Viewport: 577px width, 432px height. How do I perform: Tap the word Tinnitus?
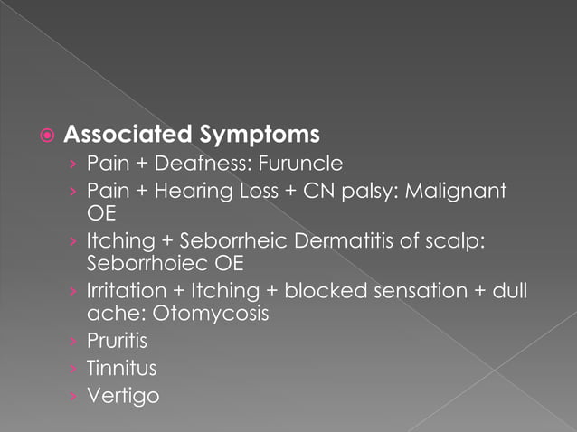[x=121, y=369]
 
